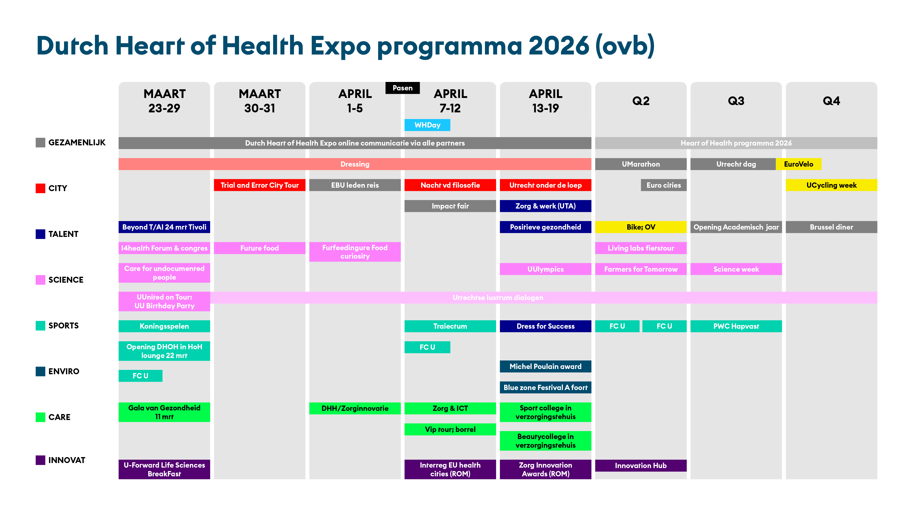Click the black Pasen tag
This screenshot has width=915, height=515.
[402, 88]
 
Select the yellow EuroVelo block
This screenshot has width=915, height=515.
[799, 164]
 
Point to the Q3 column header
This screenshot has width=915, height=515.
[736, 101]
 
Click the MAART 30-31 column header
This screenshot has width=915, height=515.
[260, 101]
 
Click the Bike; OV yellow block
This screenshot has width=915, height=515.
[641, 227]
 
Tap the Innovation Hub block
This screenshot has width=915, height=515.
[641, 466]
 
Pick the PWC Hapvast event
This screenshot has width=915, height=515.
[736, 326]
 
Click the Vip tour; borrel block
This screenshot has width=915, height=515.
[450, 429]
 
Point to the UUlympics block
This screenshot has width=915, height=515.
[546, 269]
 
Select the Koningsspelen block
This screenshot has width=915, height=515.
[164, 326]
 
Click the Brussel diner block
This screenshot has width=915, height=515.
[832, 227]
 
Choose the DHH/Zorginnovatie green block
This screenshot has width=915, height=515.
[355, 408]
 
